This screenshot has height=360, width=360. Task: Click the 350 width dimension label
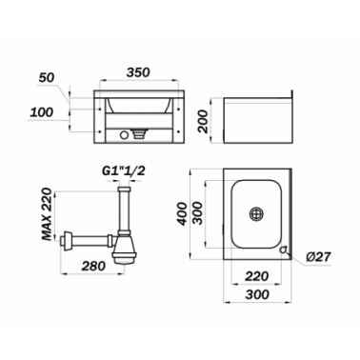138,72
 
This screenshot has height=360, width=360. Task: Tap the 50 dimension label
47,78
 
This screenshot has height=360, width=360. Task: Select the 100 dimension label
41,112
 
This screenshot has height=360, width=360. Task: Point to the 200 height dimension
203,121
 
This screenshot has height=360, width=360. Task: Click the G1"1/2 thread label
124,171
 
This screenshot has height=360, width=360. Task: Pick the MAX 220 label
47,213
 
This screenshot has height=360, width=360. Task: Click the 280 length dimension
93,266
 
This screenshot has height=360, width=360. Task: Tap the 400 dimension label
182,214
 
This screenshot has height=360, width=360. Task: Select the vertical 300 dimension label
198,213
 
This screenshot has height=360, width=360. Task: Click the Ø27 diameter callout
319,256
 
